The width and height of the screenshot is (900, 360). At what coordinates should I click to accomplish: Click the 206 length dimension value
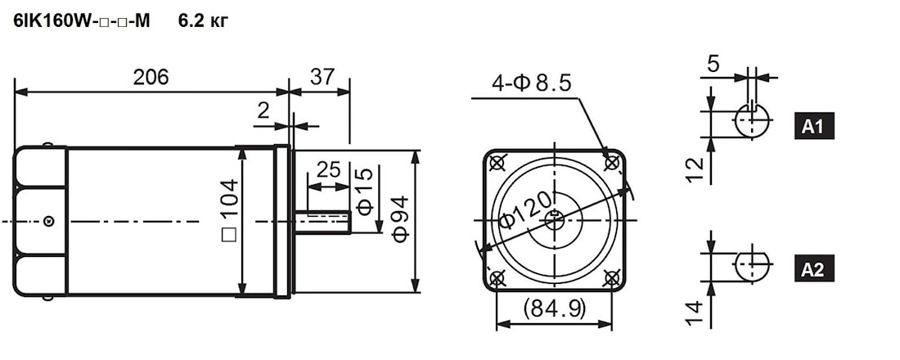coord(151,77)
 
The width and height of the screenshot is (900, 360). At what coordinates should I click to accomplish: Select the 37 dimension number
coord(322,76)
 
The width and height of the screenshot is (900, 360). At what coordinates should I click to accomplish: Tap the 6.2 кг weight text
coord(203,21)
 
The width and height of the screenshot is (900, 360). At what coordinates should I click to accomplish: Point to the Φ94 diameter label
coord(401,218)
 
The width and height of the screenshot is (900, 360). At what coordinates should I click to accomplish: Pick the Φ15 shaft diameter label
coord(364,191)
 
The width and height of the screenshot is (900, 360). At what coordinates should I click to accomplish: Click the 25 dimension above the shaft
coord(328,170)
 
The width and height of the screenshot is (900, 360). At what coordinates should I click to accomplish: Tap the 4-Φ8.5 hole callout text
coord(532,83)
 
